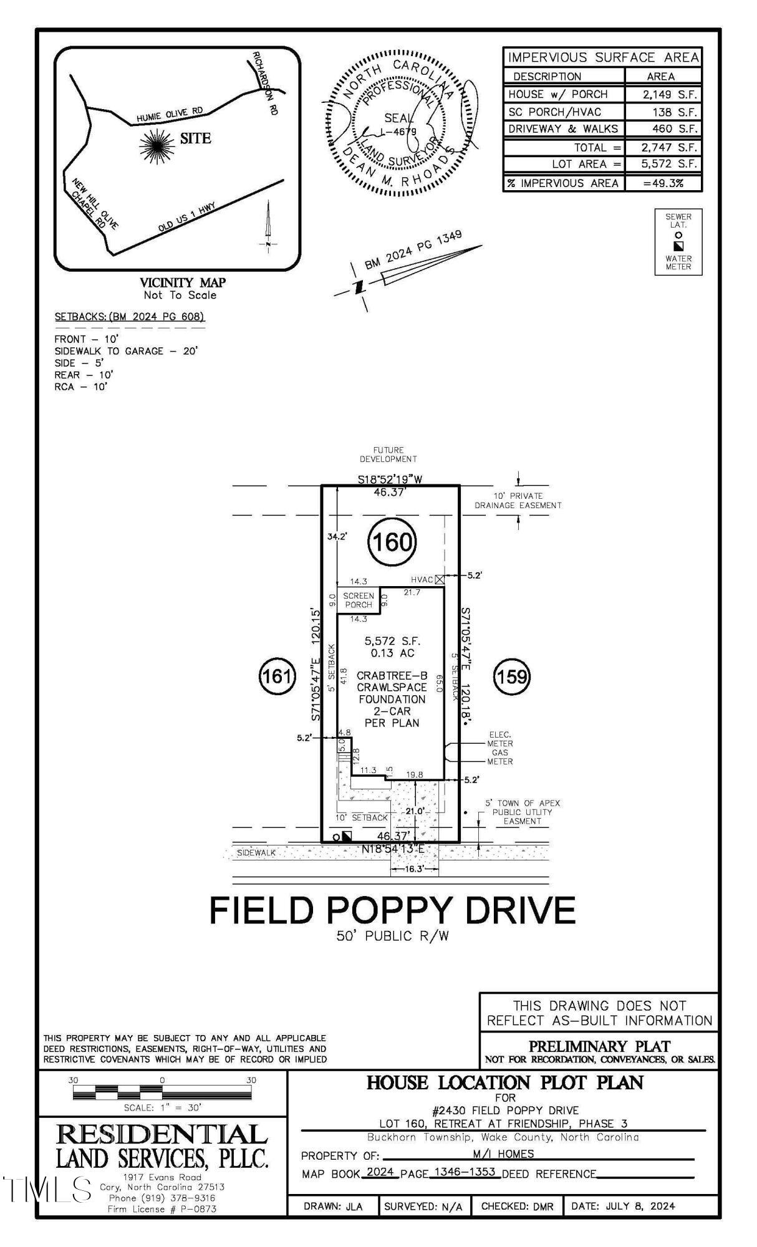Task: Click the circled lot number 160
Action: point(392,541)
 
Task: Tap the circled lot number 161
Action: point(276,676)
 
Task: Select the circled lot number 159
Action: point(512,676)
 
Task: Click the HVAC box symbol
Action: point(440,579)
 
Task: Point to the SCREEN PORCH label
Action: point(358,600)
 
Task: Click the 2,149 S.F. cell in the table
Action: point(663,94)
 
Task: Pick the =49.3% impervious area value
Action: point(663,183)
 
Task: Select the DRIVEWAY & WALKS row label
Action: point(563,129)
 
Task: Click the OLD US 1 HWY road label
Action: point(186,218)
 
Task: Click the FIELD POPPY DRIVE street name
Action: point(392,910)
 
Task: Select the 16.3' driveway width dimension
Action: point(414,869)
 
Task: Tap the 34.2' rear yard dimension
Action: point(337,536)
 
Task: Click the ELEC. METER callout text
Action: point(500,739)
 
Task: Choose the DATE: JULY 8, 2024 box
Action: point(624,1206)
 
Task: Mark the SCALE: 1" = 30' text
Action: point(162,1107)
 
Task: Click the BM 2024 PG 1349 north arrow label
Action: point(413,250)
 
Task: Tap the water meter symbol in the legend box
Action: point(678,246)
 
